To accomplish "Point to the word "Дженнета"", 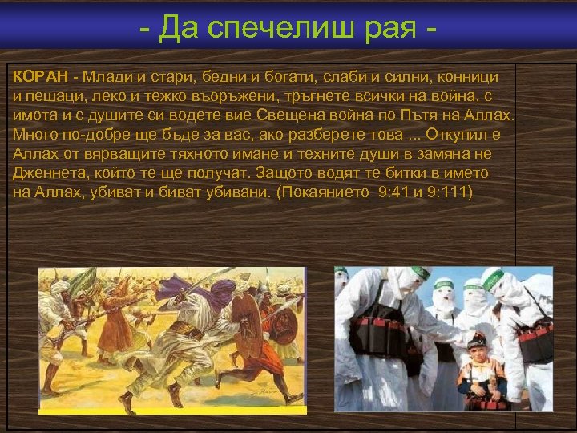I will click(x=47, y=173).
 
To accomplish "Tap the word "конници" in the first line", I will click(x=471, y=77).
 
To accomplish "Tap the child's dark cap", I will click(x=478, y=338).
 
